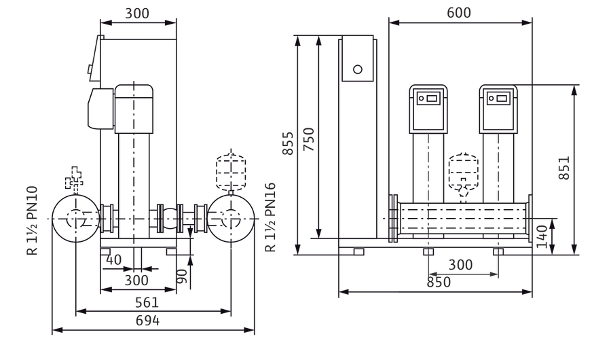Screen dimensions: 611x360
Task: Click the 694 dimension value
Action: [x=147, y=321]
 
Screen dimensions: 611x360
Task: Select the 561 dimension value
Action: [x=147, y=302]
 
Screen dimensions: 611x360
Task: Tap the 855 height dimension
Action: [x=288, y=143]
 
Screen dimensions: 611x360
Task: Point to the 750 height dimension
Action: [x=309, y=139]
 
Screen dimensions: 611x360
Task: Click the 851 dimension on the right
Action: [x=564, y=168]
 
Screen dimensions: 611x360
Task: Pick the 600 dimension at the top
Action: [x=459, y=12]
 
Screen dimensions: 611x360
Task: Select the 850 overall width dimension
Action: [x=439, y=282]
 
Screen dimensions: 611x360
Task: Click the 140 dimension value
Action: [x=542, y=236]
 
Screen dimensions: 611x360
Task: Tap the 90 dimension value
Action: [x=182, y=276]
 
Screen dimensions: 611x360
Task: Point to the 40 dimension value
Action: [x=114, y=259]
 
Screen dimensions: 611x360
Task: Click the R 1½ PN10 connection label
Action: [x=32, y=220]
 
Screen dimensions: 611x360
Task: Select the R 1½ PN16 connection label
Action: [x=270, y=217]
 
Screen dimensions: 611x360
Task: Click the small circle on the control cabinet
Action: [x=358, y=69]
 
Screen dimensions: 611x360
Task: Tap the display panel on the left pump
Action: [x=428, y=98]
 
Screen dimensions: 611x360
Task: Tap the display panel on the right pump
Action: [x=498, y=98]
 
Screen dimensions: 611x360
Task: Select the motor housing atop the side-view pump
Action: [x=134, y=109]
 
